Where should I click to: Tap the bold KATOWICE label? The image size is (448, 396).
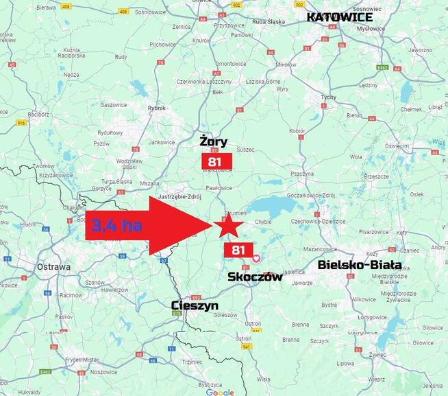click(340, 17)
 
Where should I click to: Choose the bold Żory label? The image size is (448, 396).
click(213, 141)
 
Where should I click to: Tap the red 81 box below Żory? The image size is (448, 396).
click(216, 161)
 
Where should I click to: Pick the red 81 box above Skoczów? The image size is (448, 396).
click(238, 250)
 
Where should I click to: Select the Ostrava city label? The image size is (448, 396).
click(54, 267)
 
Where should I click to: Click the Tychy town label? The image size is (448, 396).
click(329, 97)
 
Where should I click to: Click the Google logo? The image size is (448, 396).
click(220, 392)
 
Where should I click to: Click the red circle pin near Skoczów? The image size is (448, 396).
click(256, 258)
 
